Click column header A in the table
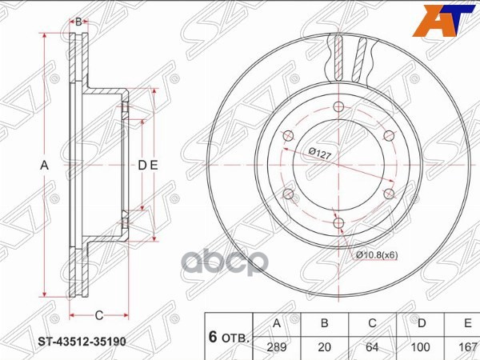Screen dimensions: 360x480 (x=277, y=324)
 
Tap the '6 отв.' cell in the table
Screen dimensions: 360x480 (x=229, y=336)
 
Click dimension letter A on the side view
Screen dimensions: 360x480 (x=46, y=165)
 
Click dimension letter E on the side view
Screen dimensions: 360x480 (x=154, y=165)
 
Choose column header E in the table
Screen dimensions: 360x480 (x=464, y=324)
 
